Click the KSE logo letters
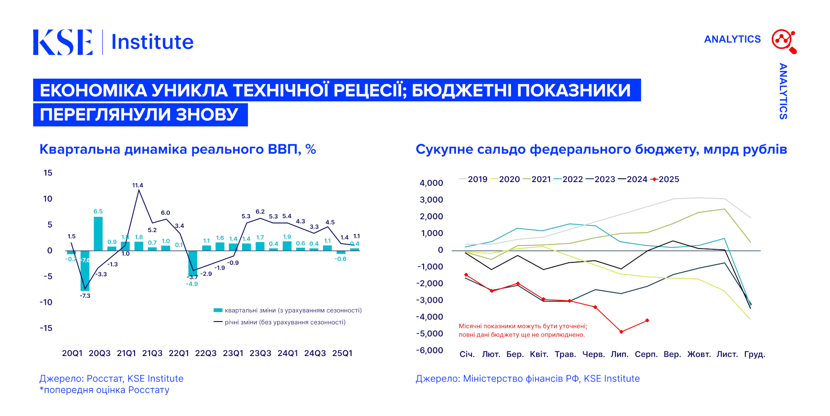tap(62, 42)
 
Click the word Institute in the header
tap(152, 42)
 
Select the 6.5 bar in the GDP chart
tap(98, 234)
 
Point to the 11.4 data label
tap(138, 185)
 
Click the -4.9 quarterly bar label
tap(192, 284)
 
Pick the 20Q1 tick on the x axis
tap(72, 353)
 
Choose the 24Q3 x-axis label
tap(315, 353)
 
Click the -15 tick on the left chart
tap(46, 328)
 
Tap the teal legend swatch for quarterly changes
tap(218, 310)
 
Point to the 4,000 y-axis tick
tap(431, 183)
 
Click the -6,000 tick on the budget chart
tap(430, 350)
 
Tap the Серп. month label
tap(646, 354)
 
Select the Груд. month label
tap(755, 354)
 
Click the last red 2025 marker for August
tap(647, 320)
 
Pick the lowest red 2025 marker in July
tap(621, 332)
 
